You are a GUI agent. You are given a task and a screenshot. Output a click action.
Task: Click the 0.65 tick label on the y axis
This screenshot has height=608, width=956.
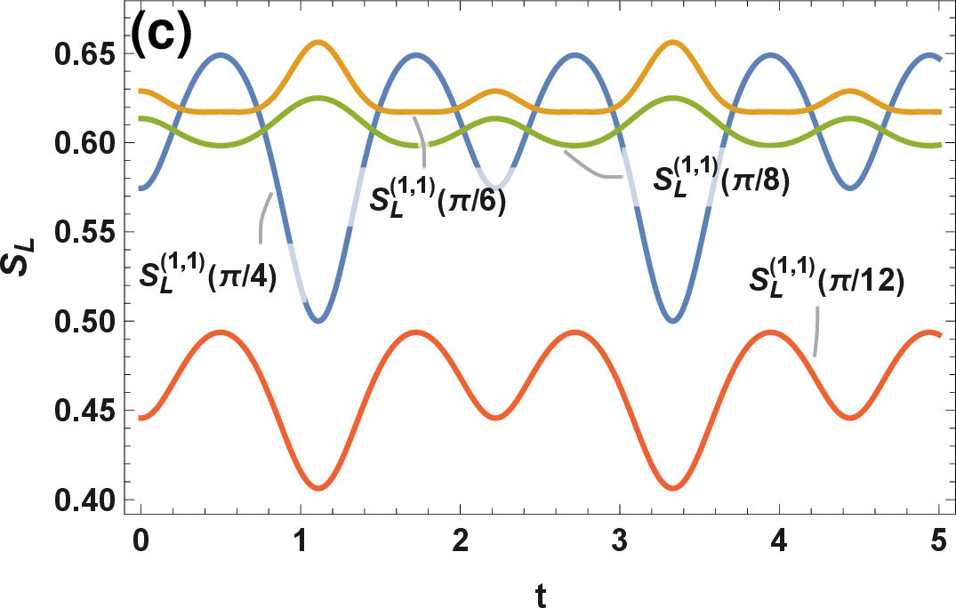click(x=84, y=54)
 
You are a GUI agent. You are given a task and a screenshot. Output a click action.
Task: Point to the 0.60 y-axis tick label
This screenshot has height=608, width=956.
click(x=84, y=144)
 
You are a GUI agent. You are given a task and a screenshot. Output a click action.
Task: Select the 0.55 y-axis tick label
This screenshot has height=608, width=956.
click(x=84, y=233)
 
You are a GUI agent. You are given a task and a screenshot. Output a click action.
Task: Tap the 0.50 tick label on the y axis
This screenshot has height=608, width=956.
click(x=84, y=322)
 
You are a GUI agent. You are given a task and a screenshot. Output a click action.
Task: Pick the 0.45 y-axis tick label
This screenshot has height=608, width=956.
click(x=84, y=412)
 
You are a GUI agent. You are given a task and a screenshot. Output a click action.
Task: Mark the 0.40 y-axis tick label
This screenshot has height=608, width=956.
click(x=84, y=500)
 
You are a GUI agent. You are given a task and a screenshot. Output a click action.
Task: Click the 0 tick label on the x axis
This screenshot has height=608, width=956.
click(x=141, y=540)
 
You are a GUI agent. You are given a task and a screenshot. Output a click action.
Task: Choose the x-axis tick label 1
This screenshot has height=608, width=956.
click(x=300, y=540)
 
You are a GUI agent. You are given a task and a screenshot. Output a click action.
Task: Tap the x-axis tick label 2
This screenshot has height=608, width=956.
click(x=461, y=540)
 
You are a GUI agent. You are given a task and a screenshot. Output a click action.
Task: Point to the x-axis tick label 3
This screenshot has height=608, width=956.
click(x=620, y=540)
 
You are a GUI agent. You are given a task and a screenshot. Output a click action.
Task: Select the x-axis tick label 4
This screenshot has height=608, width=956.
click(x=780, y=540)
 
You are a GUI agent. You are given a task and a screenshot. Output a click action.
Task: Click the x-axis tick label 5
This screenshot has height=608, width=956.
click(x=939, y=540)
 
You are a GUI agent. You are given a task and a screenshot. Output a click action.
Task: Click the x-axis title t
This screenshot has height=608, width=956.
click(x=541, y=596)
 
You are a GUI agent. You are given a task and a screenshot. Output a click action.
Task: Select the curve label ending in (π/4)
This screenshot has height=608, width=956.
click(x=208, y=273)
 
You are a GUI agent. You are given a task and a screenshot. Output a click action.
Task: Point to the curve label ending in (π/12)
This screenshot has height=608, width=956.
click(x=827, y=279)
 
